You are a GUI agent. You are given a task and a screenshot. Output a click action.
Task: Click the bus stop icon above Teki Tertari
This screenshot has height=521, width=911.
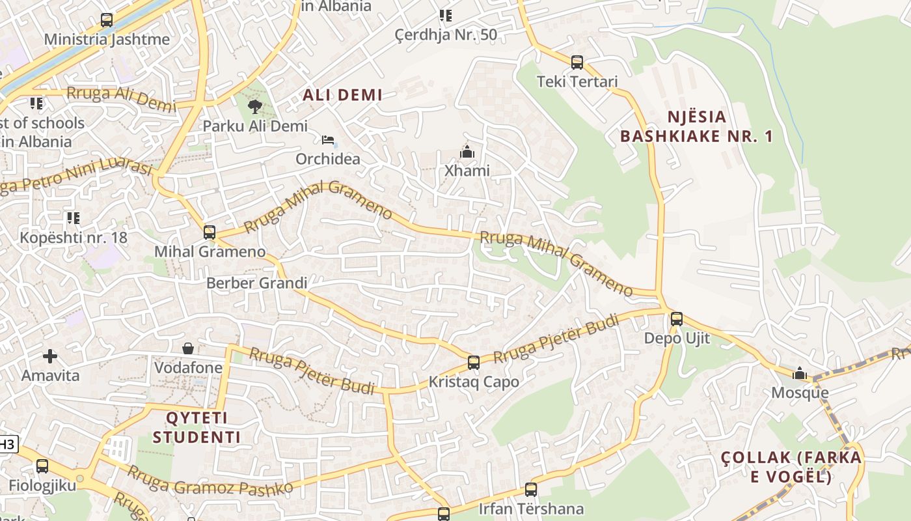(x=577, y=63)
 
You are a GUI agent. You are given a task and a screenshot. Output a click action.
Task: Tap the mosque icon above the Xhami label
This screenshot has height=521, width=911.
(x=467, y=152)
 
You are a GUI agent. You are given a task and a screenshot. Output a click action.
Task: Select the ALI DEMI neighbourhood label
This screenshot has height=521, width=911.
(x=342, y=95)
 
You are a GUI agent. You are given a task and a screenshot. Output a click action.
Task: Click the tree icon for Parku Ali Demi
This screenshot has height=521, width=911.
(x=255, y=106)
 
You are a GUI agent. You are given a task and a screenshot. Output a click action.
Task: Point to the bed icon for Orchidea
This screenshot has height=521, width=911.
(x=328, y=140)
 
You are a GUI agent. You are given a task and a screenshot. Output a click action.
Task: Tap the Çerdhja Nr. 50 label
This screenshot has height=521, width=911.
(x=446, y=35)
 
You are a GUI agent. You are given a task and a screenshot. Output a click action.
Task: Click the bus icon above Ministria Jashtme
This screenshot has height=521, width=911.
(x=107, y=20)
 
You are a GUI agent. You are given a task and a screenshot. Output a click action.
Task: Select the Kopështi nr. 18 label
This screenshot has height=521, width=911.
(x=74, y=237)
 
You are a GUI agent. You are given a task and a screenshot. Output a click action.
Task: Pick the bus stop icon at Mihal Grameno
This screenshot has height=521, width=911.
(x=209, y=232)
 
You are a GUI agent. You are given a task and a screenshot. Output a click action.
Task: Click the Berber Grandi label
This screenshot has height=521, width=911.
(x=256, y=283)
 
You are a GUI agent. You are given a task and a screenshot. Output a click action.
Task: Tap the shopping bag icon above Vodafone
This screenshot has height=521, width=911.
(x=188, y=349)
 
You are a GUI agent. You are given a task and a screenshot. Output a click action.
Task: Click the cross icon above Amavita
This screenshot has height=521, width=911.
(x=50, y=356)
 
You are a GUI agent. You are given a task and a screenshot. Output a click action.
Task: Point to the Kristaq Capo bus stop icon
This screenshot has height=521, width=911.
(x=474, y=363)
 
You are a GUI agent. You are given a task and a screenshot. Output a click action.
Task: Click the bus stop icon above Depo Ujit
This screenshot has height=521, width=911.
(x=677, y=319)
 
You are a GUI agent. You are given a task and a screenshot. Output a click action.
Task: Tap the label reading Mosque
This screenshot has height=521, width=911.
(x=800, y=393)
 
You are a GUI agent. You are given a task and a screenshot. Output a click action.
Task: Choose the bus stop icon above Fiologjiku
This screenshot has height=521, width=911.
(x=42, y=466)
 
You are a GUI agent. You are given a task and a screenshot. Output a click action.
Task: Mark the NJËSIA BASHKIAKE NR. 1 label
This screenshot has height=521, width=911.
(x=696, y=126)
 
